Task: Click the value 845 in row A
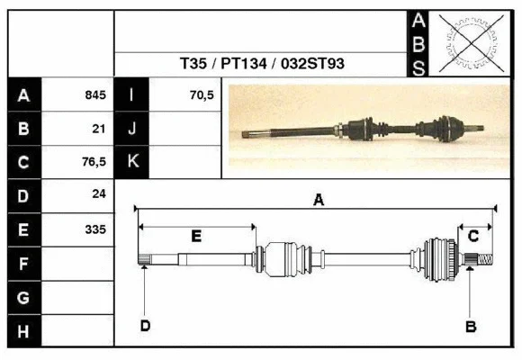[x=95, y=94]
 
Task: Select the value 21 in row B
[x=99, y=128]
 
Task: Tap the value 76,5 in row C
[x=94, y=162]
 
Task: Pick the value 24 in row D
[x=99, y=194]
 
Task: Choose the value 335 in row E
[x=95, y=229]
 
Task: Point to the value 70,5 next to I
[x=202, y=94]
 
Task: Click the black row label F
[x=24, y=264]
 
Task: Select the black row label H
[x=24, y=331]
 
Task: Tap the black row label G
[x=24, y=297]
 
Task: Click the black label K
[x=132, y=161]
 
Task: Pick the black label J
[x=132, y=128]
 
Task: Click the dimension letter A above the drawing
[x=318, y=201]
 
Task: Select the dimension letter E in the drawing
[x=196, y=236]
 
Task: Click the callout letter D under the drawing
[x=144, y=326]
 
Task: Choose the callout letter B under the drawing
[x=470, y=326]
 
